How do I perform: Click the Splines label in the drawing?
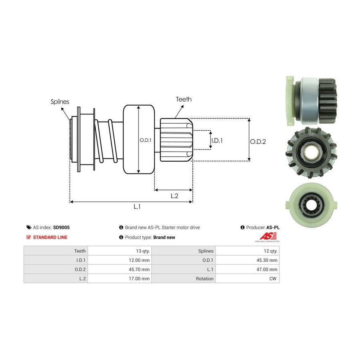tap(60, 102)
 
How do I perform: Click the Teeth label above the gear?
tap(184, 99)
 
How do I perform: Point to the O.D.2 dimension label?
tap(258, 141)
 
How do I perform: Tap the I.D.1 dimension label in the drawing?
tap(217, 140)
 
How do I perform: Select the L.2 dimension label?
tap(174, 196)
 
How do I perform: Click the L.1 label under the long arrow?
tap(137, 206)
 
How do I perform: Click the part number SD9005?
tap(61, 227)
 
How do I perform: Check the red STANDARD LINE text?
tap(50, 237)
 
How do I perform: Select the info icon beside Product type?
tap(121, 237)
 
